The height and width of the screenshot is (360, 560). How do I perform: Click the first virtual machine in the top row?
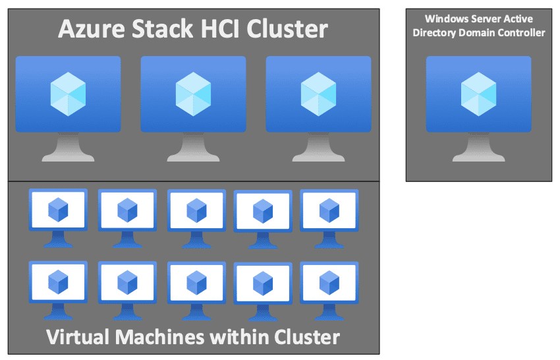(x=58, y=211)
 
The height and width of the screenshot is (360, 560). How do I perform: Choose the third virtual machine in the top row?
(x=196, y=211)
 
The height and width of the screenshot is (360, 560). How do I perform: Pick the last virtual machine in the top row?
(x=329, y=211)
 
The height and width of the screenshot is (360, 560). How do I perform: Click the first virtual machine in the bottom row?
(x=58, y=282)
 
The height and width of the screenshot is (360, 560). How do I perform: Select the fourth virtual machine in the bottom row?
(x=263, y=284)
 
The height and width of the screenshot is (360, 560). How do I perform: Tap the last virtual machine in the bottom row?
(x=329, y=282)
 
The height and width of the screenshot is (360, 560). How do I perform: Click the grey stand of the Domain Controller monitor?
(x=478, y=149)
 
